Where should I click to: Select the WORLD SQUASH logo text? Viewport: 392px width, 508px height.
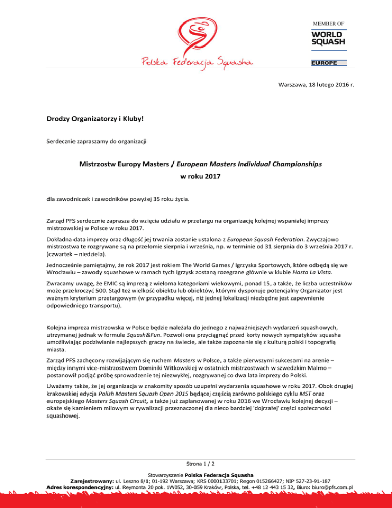pos(328,38)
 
